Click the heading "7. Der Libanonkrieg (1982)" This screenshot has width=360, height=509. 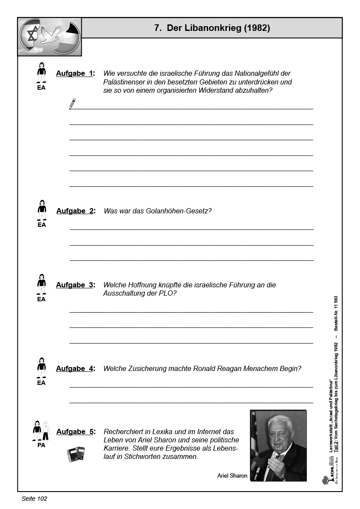[x=212, y=28]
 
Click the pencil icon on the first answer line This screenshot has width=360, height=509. [x=72, y=104]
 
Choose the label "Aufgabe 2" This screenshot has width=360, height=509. [x=75, y=211]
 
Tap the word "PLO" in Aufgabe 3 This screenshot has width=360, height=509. [x=168, y=293]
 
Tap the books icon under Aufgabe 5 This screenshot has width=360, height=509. [x=76, y=454]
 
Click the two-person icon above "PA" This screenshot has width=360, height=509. [x=41, y=431]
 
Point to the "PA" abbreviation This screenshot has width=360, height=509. [x=41, y=445]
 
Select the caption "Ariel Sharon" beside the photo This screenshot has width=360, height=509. [x=232, y=476]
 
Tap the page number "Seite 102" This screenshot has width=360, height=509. [x=34, y=499]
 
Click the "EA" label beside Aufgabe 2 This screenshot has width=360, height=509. [x=41, y=225]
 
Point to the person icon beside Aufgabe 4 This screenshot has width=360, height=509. [x=41, y=368]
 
